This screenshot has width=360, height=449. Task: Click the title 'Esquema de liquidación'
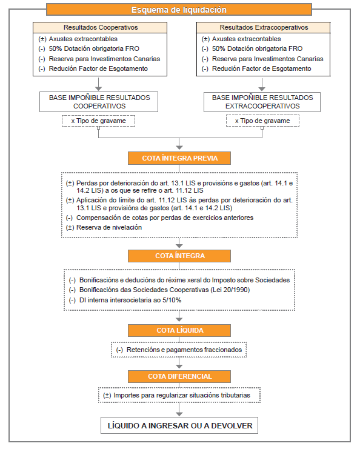point(179,10)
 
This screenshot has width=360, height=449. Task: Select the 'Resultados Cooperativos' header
point(100,27)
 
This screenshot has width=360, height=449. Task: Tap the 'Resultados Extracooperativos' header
point(264,27)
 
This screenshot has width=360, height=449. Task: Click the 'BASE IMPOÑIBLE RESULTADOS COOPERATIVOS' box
point(99,102)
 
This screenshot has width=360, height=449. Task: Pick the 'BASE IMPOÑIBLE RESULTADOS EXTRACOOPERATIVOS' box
point(262,102)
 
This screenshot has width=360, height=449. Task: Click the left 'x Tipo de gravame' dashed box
point(99,121)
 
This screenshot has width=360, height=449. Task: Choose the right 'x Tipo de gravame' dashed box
point(262,121)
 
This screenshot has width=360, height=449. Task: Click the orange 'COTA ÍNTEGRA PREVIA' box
point(179,158)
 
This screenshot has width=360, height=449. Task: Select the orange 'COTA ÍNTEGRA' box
point(179,256)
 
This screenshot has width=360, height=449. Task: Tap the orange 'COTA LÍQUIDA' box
point(179,330)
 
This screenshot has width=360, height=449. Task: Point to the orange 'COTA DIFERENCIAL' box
point(179,376)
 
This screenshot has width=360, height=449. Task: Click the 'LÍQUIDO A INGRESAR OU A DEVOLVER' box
point(179,425)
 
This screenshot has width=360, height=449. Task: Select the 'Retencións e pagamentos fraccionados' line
point(179,350)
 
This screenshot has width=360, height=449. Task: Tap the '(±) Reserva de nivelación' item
point(104,227)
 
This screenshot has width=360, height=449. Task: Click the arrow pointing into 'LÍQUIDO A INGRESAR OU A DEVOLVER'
point(179,410)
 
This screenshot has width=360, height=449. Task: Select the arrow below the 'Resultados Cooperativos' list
point(99,84)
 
